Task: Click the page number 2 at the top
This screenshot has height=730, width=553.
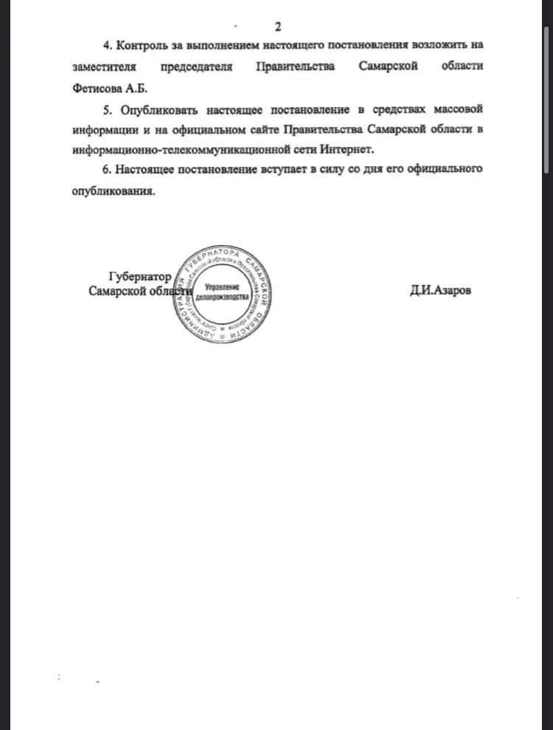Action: tap(278, 27)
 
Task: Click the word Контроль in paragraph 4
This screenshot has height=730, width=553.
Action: tap(144, 46)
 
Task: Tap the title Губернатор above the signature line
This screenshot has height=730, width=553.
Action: tap(140, 277)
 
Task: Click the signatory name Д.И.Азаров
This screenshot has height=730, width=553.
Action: tap(440, 290)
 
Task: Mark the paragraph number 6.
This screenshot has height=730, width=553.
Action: tap(106, 170)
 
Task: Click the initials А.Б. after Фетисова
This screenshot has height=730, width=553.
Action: tap(136, 87)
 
